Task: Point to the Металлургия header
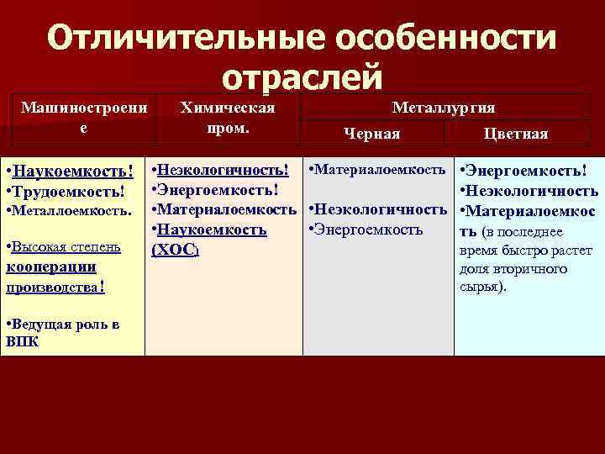click(x=444, y=108)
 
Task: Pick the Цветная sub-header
click(x=516, y=135)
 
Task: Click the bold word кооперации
click(x=50, y=267)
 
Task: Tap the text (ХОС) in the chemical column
click(x=174, y=250)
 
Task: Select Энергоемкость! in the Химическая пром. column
click(x=218, y=190)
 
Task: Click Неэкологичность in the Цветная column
click(x=532, y=191)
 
